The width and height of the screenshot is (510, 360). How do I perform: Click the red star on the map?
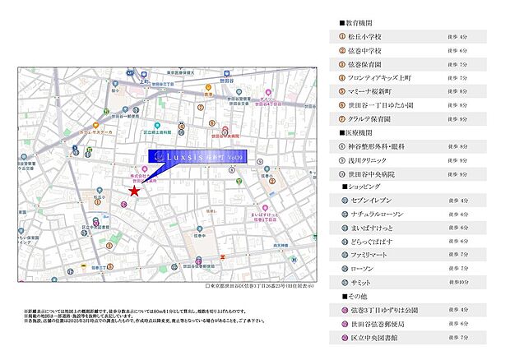tap(133, 191)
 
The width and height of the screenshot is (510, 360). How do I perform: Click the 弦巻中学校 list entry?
tap(372, 50)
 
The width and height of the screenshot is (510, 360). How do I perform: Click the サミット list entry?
tap(367, 281)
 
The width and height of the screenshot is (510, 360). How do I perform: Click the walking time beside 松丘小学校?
tap(458, 37)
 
